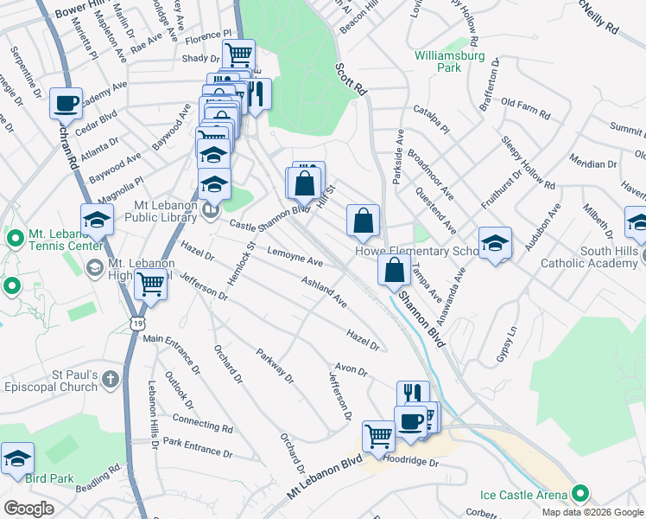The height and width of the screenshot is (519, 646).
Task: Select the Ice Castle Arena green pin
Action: (580, 495)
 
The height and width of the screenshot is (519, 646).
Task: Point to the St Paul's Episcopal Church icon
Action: (110, 378)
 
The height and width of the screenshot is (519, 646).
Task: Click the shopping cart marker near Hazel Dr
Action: (151, 284)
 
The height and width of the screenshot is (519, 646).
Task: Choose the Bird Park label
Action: (48, 478)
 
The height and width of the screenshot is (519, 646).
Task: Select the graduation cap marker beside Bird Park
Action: (17, 460)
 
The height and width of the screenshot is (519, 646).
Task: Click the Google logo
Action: (28, 509)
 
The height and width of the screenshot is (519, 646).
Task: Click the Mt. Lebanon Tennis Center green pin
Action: (14, 238)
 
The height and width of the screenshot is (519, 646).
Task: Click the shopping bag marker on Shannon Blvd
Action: (394, 270)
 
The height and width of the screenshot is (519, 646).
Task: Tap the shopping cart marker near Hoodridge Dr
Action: (378, 437)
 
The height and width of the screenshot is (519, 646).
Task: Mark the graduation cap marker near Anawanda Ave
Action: (496, 244)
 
